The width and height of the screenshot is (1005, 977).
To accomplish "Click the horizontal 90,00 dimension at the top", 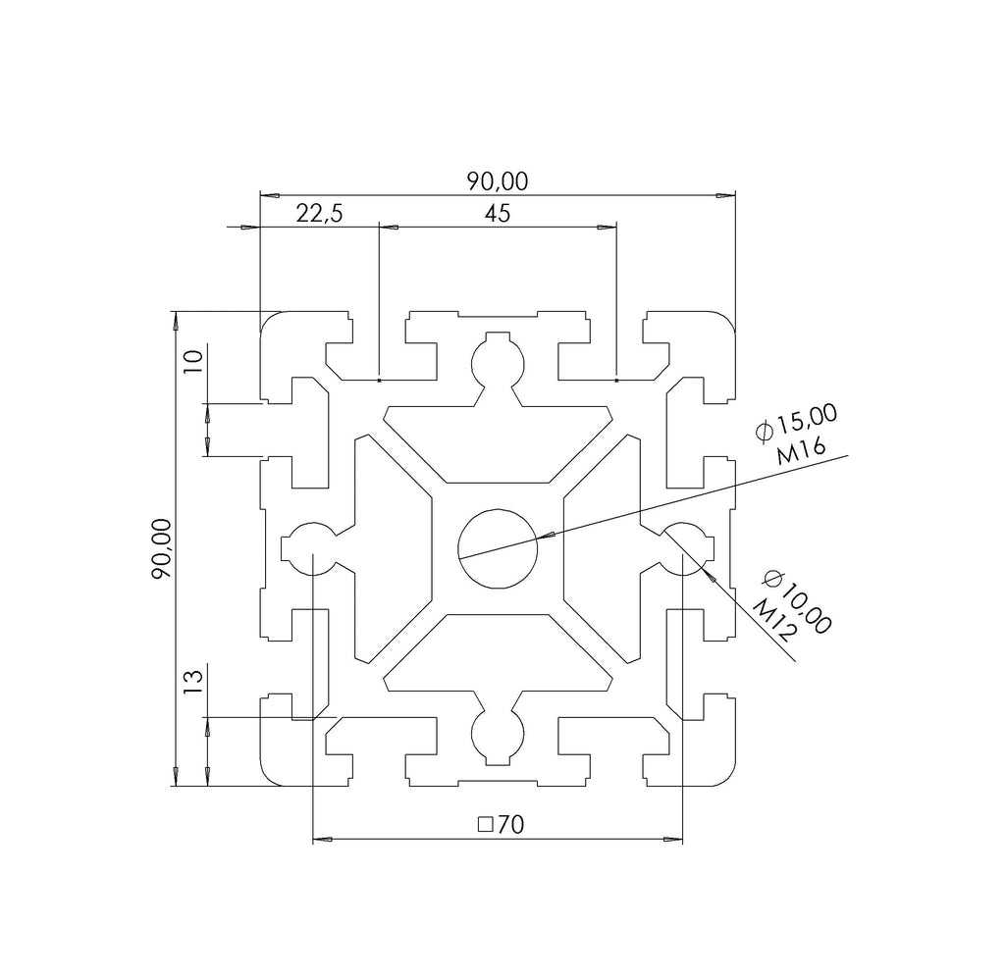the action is tap(498, 181).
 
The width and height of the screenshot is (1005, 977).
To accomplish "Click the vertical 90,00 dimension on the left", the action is tap(162, 548).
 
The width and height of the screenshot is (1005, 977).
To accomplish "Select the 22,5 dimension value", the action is tap(319, 213).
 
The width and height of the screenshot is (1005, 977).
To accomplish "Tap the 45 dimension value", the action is tap(498, 213).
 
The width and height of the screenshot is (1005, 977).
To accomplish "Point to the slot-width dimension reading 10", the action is tap(193, 362).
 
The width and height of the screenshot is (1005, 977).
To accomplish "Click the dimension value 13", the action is tap(193, 682).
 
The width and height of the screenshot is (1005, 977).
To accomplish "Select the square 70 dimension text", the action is tap(502, 825).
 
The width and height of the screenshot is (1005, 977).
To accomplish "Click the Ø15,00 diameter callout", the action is tap(797, 424).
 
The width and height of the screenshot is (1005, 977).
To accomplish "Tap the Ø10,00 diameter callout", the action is tap(798, 601).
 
